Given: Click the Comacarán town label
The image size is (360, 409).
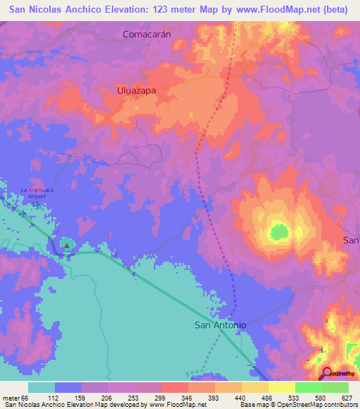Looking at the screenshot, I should pyautogui.click(x=147, y=34).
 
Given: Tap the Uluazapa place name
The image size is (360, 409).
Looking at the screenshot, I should pyautogui.click(x=136, y=91).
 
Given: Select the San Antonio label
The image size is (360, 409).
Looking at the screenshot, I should pyautogui.click(x=220, y=325).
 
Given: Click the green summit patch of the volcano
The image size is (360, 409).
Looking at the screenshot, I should pyautogui.click(x=279, y=231).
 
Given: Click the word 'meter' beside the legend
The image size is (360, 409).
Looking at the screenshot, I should pyautogui.click(x=13, y=398).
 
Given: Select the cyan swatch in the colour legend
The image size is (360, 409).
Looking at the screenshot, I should pyautogui.click(x=41, y=387).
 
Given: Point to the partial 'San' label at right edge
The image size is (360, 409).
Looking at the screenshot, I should pyautogui.click(x=351, y=240).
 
